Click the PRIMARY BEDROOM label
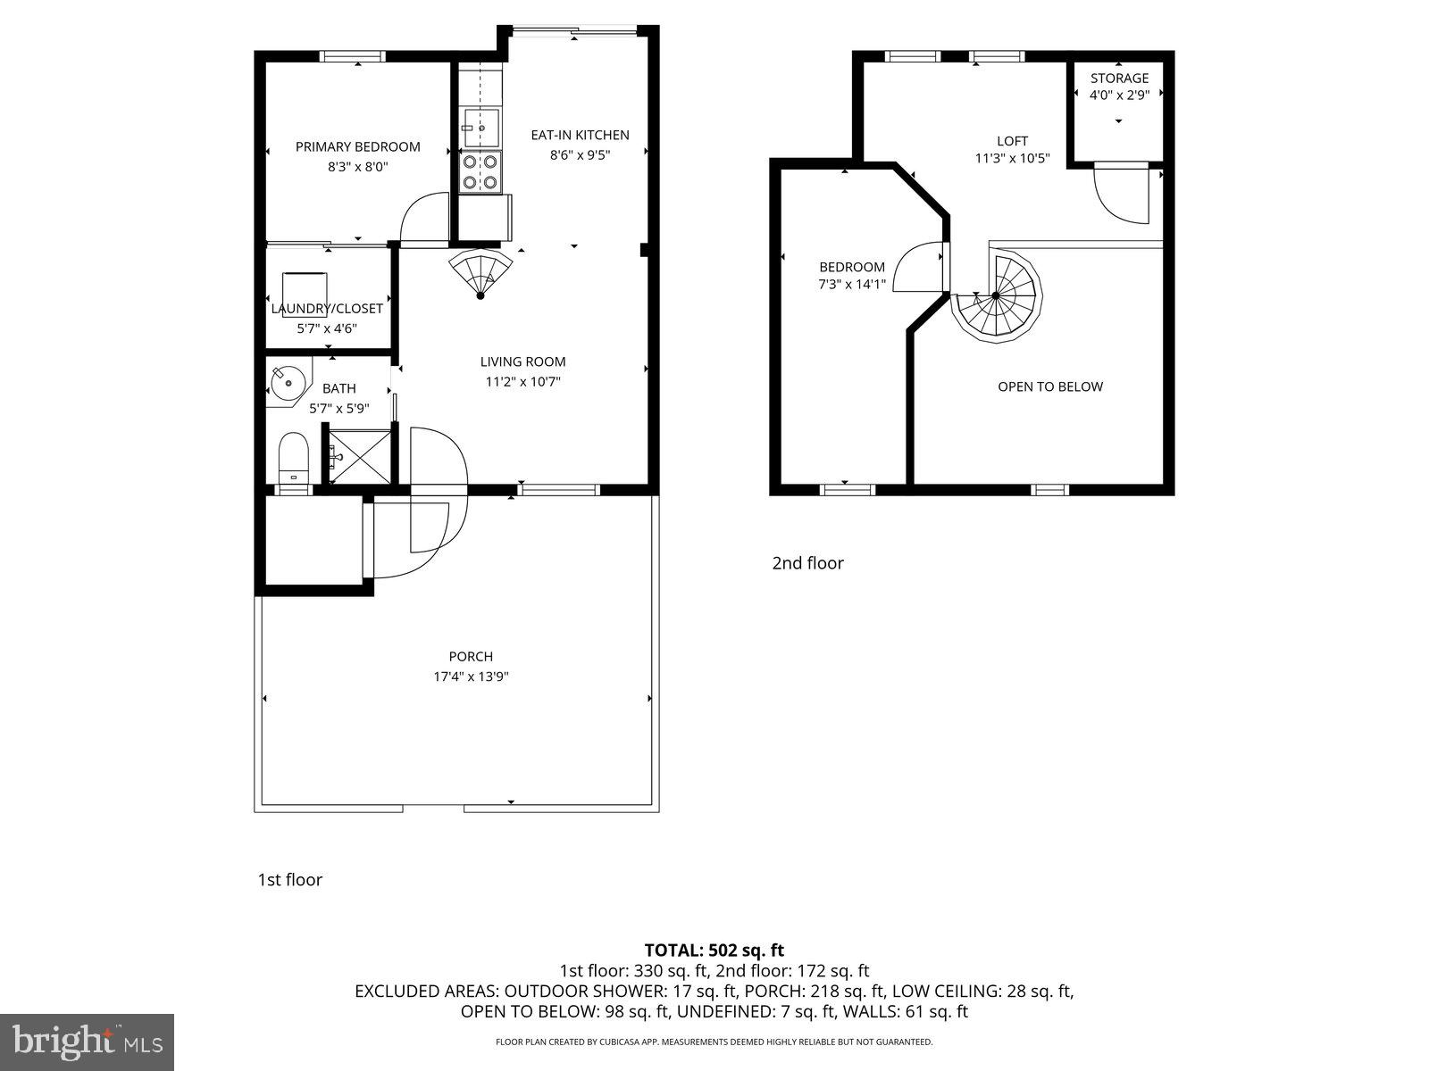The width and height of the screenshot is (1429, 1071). click(357, 146)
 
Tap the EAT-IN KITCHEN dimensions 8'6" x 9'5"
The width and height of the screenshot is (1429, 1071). click(580, 154)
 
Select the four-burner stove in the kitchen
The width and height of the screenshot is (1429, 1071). click(480, 171)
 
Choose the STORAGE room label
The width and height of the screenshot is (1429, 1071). click(1119, 78)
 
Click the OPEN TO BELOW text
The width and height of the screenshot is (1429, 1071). click(1049, 386)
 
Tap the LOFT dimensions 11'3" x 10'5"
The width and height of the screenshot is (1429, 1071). click(1012, 159)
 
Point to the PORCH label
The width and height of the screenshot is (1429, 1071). click(471, 656)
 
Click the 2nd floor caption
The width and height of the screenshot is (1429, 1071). click(807, 563)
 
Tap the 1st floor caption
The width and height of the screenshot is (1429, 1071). click(289, 880)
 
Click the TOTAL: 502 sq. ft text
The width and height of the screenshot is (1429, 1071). click(714, 951)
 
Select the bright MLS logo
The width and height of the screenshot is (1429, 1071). click(88, 1041)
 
